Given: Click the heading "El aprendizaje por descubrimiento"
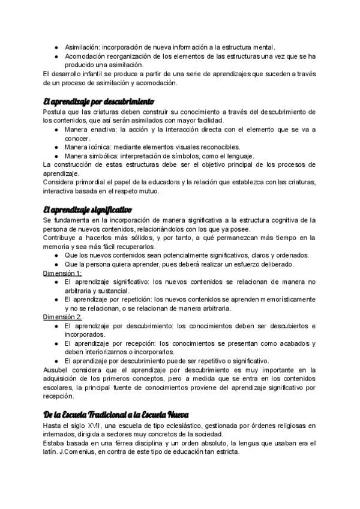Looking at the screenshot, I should [x=98, y=101].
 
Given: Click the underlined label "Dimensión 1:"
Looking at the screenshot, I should [x=63, y=273].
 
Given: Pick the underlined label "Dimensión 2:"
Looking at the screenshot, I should [x=63, y=316].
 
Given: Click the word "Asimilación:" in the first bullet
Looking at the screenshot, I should [x=82, y=46].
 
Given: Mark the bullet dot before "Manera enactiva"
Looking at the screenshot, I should [x=56, y=129].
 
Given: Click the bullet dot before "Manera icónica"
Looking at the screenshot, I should [x=56, y=146].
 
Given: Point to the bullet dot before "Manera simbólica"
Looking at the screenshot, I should [x=56, y=155].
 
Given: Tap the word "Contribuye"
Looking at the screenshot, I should [x=62, y=238].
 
